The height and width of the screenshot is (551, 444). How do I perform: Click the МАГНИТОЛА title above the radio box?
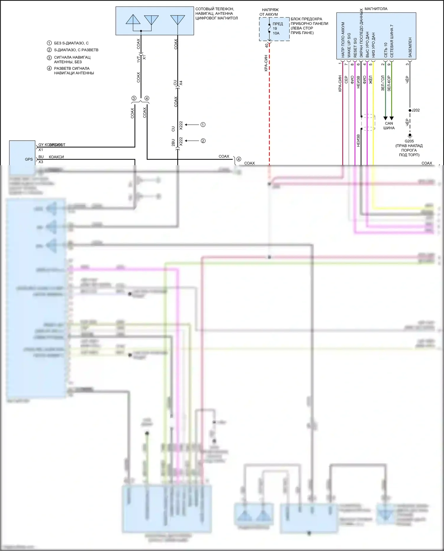(x=376, y=9)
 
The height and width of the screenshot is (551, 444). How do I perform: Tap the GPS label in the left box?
(x=29, y=159)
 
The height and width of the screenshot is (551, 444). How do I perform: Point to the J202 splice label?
(x=416, y=110)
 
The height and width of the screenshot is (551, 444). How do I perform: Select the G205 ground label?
(x=409, y=141)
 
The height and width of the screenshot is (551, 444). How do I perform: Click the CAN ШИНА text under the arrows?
(x=389, y=126)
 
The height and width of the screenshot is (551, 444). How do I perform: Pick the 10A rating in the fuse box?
(x=276, y=33)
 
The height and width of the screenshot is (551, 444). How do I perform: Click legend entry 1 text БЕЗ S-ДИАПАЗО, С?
(x=71, y=43)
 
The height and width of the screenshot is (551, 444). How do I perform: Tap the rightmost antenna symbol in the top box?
(x=178, y=20)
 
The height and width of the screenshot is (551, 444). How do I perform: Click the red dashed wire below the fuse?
(x=269, y=104)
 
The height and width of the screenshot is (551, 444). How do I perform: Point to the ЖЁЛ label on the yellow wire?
(x=370, y=80)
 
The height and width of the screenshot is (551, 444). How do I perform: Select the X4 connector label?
(x=181, y=83)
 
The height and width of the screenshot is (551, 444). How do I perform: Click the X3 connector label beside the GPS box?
(x=41, y=162)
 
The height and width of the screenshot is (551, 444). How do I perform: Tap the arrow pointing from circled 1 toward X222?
(x=192, y=125)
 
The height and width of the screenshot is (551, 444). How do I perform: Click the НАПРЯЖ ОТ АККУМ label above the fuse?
(x=269, y=12)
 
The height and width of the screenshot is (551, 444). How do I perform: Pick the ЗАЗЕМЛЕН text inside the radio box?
(x=410, y=47)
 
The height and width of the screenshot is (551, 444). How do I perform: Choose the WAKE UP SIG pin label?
(x=349, y=45)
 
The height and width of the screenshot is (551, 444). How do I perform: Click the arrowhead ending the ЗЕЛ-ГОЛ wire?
(x=385, y=118)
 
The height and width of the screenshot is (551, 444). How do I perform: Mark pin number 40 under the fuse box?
(x=266, y=45)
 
